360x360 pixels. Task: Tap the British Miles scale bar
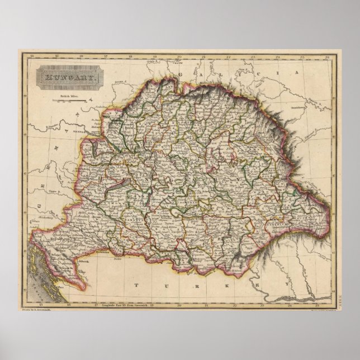(x=71, y=101)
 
